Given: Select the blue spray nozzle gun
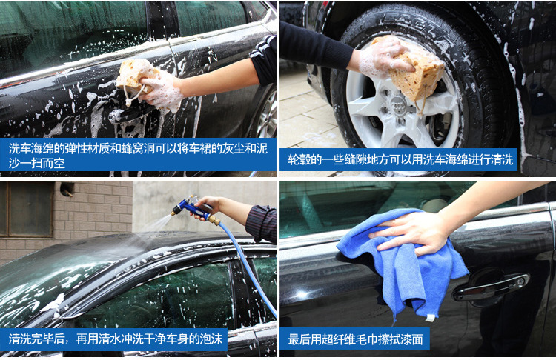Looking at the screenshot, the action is click(191, 208).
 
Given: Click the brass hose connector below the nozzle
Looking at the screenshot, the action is click(214, 221).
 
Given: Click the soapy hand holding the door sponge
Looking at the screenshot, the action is click(162, 91).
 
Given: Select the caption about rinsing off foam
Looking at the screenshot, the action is click(116, 339).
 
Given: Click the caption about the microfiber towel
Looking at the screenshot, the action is click(355, 339).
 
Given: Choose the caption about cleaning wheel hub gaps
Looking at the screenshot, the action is click(400, 159).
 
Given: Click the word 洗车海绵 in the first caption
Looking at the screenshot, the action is click(31, 148).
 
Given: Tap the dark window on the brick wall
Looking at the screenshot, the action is click(27, 209).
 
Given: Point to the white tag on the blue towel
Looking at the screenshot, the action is click(430, 318).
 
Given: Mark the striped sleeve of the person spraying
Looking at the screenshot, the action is click(262, 223).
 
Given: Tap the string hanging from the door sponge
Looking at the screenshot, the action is click(131, 95).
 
